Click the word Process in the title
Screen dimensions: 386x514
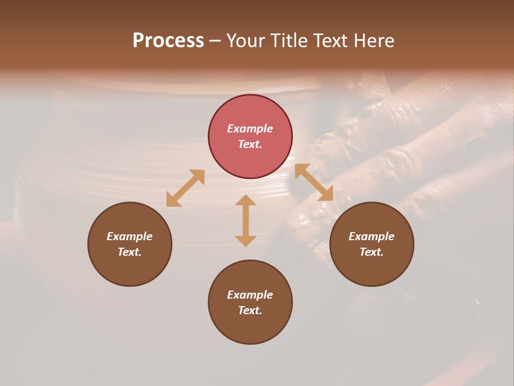click(168, 41)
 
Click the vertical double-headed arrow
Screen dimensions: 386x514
click(246, 220)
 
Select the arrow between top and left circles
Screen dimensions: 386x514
click(185, 188)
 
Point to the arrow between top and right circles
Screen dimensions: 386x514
click(314, 182)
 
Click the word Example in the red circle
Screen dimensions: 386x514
click(250, 129)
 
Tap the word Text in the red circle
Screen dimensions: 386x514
click(250, 144)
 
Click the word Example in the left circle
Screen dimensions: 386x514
click(130, 236)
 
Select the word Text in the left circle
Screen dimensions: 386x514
click(130, 252)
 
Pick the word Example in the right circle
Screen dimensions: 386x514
click(372, 236)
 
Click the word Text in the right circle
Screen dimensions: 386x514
click(372, 252)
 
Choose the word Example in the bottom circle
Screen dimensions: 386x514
click(250, 295)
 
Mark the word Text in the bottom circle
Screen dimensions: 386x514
click(250, 310)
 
